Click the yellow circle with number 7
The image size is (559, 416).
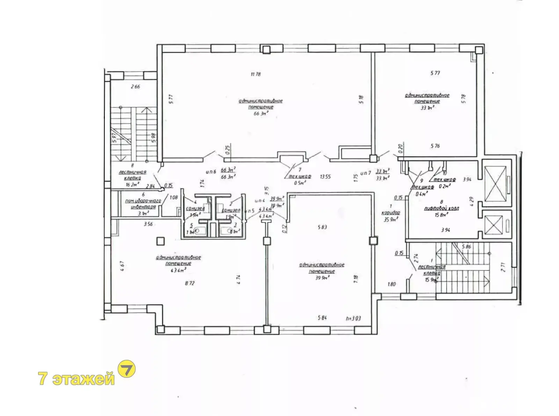[x=127, y=369]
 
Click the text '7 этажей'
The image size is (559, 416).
[x=77, y=378]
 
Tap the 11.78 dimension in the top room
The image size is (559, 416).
[x=255, y=74]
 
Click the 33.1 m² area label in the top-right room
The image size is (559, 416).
[x=427, y=108]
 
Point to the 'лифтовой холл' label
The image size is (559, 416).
[x=441, y=208]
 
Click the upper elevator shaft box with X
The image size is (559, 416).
[x=495, y=184]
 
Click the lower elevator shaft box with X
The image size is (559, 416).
[x=494, y=225]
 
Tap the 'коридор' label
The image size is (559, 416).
[x=391, y=213]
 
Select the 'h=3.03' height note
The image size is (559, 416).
[x=353, y=318]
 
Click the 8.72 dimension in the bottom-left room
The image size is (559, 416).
[x=189, y=283]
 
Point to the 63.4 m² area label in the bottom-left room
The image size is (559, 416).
[x=179, y=270]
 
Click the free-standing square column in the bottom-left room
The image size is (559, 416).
[x=160, y=241]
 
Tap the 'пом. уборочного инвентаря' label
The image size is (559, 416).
[x=143, y=204]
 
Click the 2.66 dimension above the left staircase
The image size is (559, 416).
[x=135, y=87]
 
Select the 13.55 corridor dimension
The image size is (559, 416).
[x=325, y=177]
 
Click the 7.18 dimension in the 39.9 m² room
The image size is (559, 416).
[x=356, y=279]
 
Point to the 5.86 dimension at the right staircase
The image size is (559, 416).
[x=466, y=247]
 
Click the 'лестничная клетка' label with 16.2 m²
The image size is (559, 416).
[x=132, y=175]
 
